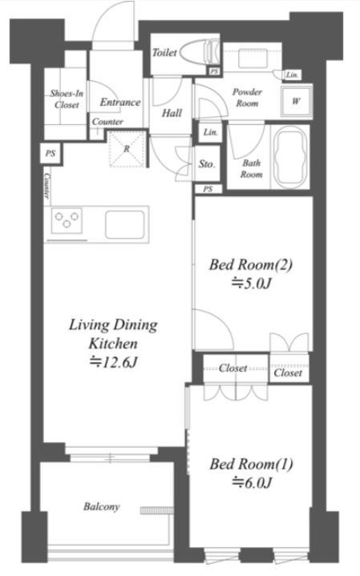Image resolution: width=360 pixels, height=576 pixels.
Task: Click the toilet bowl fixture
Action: point(200,52)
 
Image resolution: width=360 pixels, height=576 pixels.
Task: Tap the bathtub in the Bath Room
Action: point(290,157)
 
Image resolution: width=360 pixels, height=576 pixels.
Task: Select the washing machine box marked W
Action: point(296,101)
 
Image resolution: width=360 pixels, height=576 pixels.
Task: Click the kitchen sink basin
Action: point(124,224)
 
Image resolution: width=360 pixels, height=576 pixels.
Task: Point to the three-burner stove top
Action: point(67,220)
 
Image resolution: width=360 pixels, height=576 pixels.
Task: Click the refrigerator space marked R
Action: point(127,149)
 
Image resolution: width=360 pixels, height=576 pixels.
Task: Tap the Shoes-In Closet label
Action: point(67,99)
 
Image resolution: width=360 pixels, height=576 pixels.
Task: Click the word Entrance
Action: point(120,102)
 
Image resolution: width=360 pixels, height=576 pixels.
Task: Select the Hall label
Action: point(172,113)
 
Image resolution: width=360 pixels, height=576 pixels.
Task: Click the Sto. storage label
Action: point(207,164)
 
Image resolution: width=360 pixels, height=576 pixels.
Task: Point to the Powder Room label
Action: point(247,98)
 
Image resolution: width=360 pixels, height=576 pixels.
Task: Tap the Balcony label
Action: point(102,507)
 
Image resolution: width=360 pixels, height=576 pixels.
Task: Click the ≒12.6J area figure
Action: point(113,363)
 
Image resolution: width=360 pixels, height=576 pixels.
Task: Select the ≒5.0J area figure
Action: point(251,284)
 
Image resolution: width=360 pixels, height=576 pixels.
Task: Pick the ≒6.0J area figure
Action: point(252,483)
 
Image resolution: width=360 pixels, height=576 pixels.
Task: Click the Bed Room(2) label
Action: point(251,264)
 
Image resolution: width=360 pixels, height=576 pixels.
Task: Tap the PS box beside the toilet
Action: point(214,71)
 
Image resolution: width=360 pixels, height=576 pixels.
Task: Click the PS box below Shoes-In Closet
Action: point(51,153)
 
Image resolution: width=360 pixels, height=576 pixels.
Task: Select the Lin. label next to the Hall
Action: point(211,132)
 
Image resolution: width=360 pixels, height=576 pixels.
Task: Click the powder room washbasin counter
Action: point(253,58)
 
